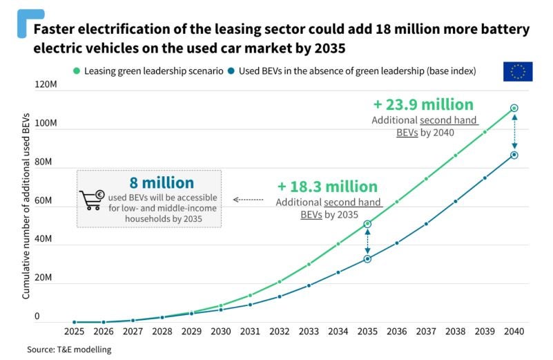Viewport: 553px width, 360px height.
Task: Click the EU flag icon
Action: pos(517,71)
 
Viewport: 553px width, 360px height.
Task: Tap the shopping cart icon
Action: pos(91,200)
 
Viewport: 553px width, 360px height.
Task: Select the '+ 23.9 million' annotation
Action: pos(423,104)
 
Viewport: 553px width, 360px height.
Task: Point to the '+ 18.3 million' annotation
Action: pos(327,187)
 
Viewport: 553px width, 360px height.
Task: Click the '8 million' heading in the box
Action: pos(162,183)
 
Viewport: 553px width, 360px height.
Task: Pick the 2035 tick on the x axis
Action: pos(367,332)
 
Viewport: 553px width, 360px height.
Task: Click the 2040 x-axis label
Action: pos(514,332)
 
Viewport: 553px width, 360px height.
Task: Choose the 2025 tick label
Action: pos(75,332)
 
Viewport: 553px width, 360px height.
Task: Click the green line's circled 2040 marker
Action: pos(514,108)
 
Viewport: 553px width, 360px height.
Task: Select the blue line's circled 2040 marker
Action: pos(514,155)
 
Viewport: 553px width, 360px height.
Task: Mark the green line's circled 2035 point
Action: pos(368,224)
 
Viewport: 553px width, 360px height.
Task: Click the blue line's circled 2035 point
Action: pos(368,258)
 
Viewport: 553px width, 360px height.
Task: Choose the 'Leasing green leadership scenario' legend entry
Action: pos(148,70)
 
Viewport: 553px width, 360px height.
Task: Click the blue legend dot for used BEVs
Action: pos(233,70)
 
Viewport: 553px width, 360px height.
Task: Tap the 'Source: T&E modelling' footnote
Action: pos(69,350)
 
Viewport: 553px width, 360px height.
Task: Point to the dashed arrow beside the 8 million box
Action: pos(248,199)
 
